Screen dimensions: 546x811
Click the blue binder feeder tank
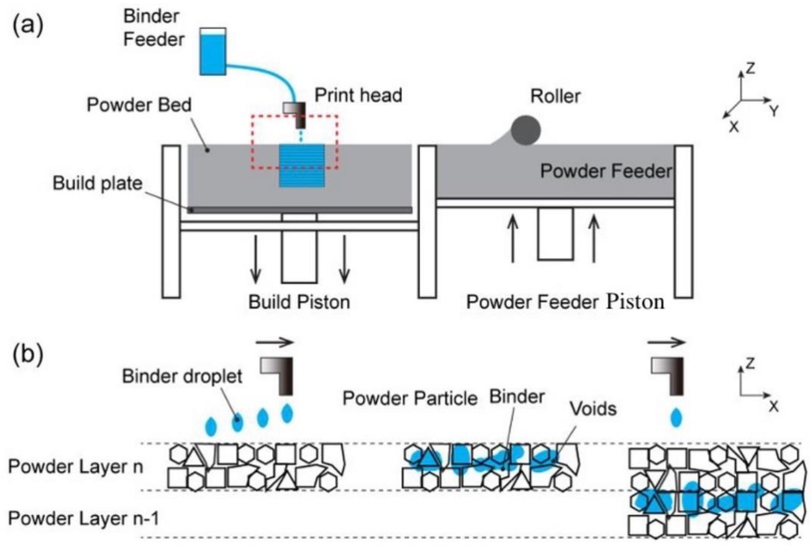[x=212, y=52]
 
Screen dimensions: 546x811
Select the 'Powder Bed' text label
[x=139, y=105]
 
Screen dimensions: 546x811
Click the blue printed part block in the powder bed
[x=302, y=166]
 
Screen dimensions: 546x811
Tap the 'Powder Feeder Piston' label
[x=565, y=302]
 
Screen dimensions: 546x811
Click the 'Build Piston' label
[x=299, y=302]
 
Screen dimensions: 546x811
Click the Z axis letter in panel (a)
[x=750, y=68]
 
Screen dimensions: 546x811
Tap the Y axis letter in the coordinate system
[x=773, y=111]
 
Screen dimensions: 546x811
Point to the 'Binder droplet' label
[x=182, y=376]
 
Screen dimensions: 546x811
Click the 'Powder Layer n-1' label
[x=84, y=518]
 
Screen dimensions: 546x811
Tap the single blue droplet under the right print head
[x=676, y=418]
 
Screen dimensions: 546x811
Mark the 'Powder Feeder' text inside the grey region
[x=605, y=171]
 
